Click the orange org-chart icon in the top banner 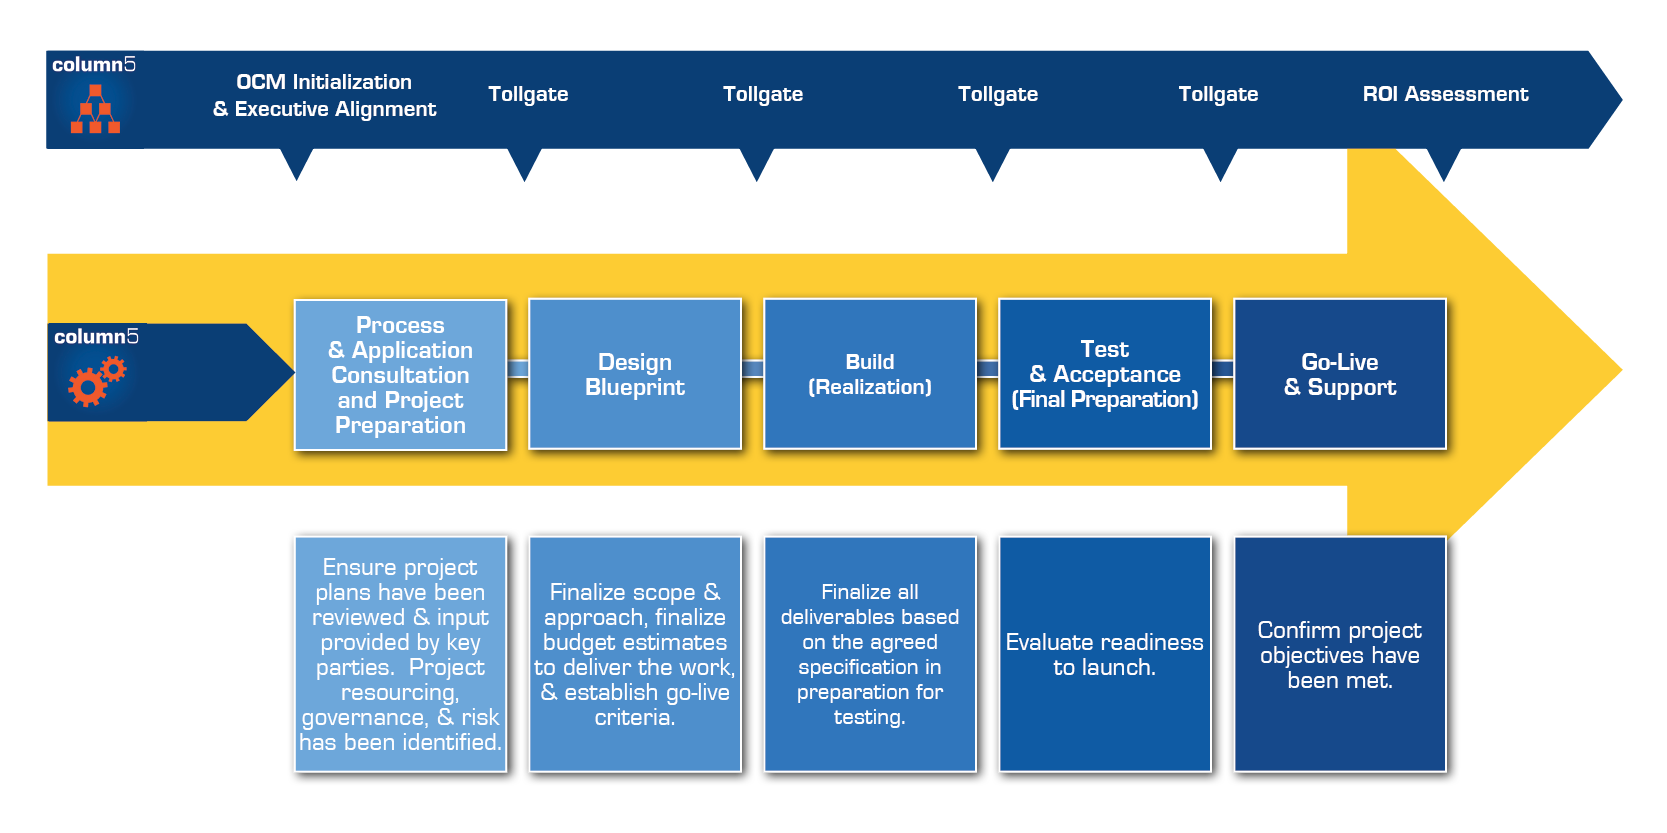click(95, 109)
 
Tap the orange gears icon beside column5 click(96, 381)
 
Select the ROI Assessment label click(1445, 94)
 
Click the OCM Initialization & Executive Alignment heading click(324, 95)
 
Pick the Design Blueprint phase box click(635, 374)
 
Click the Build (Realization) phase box click(870, 374)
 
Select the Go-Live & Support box click(1340, 374)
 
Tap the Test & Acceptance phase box click(1105, 374)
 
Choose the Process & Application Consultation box click(400, 375)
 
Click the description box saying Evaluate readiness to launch click(1105, 654)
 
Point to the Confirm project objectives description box click(1340, 654)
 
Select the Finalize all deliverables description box click(870, 654)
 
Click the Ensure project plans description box click(400, 654)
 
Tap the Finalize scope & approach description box click(635, 654)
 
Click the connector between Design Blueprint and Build click(753, 369)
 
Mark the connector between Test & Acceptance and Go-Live click(1223, 369)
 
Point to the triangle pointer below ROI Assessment click(1443, 163)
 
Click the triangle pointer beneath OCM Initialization click(297, 163)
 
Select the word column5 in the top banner click(94, 65)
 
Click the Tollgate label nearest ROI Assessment click(1218, 94)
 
